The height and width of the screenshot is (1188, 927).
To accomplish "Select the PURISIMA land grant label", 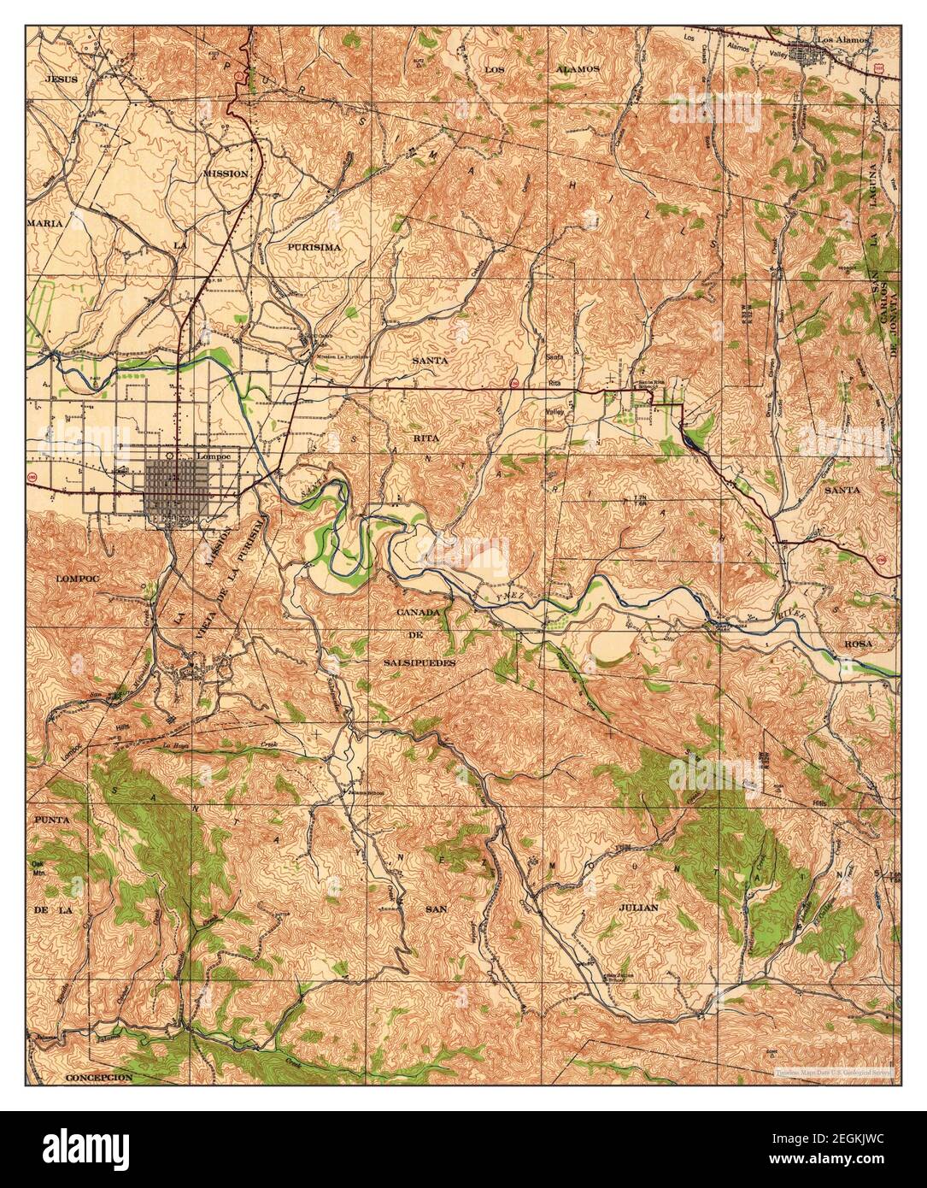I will point(314,246).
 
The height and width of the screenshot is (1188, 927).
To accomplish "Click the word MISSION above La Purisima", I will point(226,173).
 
